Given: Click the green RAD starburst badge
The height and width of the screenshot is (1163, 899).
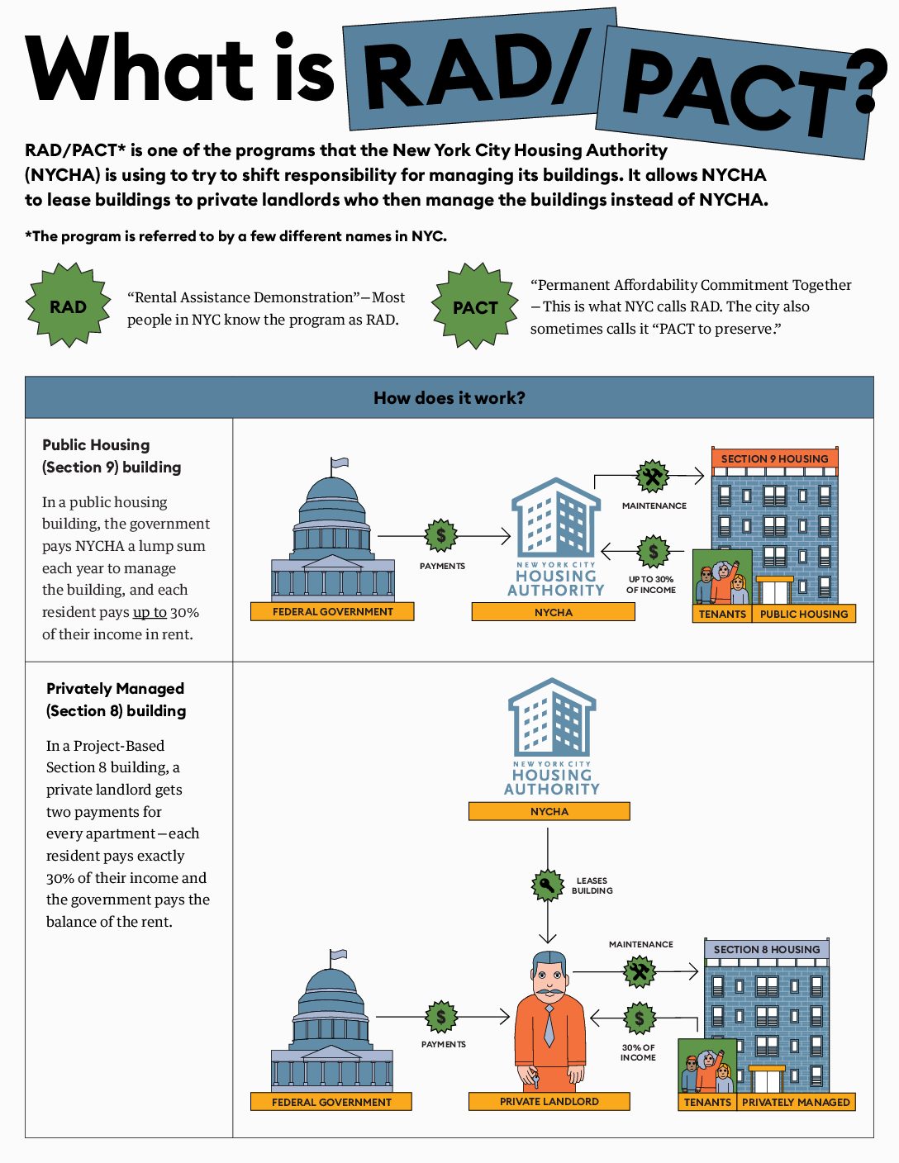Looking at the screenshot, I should click(69, 306).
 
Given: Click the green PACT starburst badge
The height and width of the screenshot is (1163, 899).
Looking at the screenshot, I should click(475, 307).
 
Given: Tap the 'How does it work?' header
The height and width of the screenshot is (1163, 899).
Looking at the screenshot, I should click(449, 397).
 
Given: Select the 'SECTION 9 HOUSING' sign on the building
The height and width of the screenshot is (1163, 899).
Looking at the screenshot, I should click(774, 458).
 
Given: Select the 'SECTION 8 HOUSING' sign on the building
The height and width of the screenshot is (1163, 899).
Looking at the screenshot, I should click(767, 949).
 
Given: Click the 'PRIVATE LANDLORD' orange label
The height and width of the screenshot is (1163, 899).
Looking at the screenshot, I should click(549, 1101).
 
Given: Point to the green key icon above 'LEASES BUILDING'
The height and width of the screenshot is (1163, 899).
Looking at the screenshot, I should click(547, 885).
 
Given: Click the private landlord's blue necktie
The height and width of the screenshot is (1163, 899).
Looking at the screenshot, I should click(549, 1024).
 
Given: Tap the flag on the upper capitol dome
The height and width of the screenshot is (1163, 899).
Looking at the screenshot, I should click(339, 463).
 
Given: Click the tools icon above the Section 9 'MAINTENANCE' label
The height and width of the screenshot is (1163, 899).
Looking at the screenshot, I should click(653, 477).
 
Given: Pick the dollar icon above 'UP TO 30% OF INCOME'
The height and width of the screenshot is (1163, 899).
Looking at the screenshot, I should click(653, 551).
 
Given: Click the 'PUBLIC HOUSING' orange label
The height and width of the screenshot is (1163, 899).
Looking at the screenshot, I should click(803, 614).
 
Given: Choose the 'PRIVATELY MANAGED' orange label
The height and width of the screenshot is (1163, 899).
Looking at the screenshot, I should click(795, 1102).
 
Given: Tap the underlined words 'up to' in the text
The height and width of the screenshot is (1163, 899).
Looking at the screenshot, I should click(150, 612).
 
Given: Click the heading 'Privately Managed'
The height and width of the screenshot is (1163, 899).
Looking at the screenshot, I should click(115, 688).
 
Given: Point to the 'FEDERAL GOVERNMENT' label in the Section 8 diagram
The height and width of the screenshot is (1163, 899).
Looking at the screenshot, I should click(331, 1102).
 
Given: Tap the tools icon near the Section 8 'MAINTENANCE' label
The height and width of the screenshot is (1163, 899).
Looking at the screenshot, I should click(639, 971).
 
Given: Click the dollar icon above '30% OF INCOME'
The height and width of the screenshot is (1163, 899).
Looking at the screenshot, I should click(639, 1018).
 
